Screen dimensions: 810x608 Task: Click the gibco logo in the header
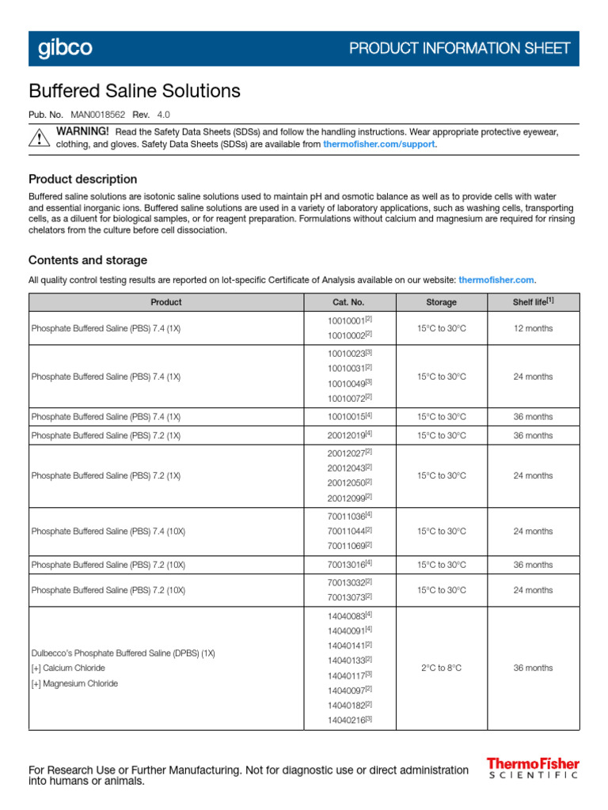(x=65, y=48)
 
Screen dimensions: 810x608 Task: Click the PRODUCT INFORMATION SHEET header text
(x=459, y=48)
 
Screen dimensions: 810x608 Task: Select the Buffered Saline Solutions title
(x=135, y=91)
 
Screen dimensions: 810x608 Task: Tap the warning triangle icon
(x=39, y=138)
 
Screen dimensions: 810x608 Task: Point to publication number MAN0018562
(x=99, y=114)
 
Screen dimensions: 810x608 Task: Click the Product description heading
(x=82, y=179)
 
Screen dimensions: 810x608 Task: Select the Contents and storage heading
(x=87, y=260)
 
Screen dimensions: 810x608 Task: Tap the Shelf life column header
(x=533, y=301)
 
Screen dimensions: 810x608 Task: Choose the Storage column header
(x=441, y=302)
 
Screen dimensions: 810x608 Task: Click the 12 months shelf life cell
(x=533, y=327)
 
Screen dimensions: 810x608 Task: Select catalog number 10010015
(x=347, y=417)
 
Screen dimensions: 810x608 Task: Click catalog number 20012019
(x=347, y=436)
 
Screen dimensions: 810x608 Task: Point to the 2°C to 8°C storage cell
(x=441, y=668)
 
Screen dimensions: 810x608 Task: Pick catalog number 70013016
(x=347, y=565)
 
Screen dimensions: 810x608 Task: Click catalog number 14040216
(x=347, y=720)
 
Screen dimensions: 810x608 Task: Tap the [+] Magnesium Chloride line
(x=74, y=683)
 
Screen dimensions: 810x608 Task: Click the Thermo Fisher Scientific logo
(x=533, y=769)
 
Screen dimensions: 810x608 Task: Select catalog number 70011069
(x=347, y=546)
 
